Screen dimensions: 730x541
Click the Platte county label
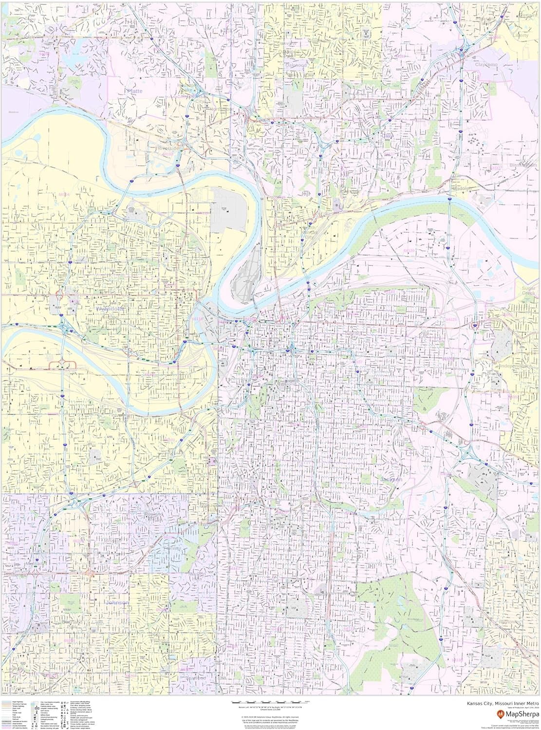point(134,91)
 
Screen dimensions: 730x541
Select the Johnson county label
point(117,602)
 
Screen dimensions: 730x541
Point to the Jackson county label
point(391,479)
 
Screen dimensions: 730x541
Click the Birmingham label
point(523,165)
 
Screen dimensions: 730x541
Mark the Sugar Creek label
point(528,292)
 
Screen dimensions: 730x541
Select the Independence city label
point(515,365)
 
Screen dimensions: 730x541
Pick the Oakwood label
point(296,64)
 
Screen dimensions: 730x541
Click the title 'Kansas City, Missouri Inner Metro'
point(503,703)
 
